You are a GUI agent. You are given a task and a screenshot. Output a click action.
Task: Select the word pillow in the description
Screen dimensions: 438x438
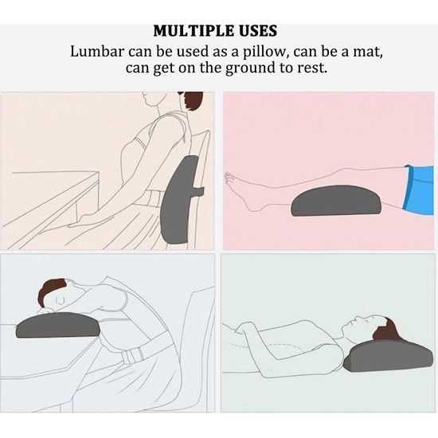tap(266, 53)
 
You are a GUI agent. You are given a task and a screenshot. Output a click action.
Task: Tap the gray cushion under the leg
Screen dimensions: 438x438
tap(336, 200)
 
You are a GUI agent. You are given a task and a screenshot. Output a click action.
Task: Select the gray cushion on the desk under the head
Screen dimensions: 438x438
tap(58, 325)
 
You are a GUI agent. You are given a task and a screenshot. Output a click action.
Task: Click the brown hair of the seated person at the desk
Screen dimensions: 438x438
tap(193, 101)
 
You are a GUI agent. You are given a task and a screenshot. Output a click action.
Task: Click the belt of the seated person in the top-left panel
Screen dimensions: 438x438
tap(157, 196)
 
